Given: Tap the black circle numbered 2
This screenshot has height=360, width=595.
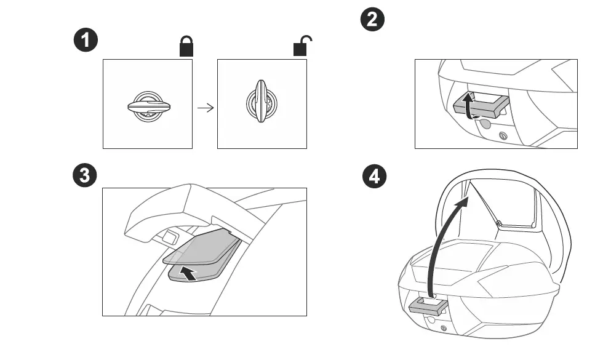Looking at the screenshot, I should [x=372, y=20].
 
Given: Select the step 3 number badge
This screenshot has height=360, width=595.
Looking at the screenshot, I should [x=86, y=175].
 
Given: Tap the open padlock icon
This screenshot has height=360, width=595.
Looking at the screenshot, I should [x=301, y=46].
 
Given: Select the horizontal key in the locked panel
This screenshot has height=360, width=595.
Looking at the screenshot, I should [x=148, y=106].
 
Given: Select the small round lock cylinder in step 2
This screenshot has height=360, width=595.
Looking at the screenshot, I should [x=504, y=137].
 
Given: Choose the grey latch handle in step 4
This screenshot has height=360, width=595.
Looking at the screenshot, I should [x=429, y=305].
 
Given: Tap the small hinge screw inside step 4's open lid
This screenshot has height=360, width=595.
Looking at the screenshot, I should [x=500, y=222].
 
